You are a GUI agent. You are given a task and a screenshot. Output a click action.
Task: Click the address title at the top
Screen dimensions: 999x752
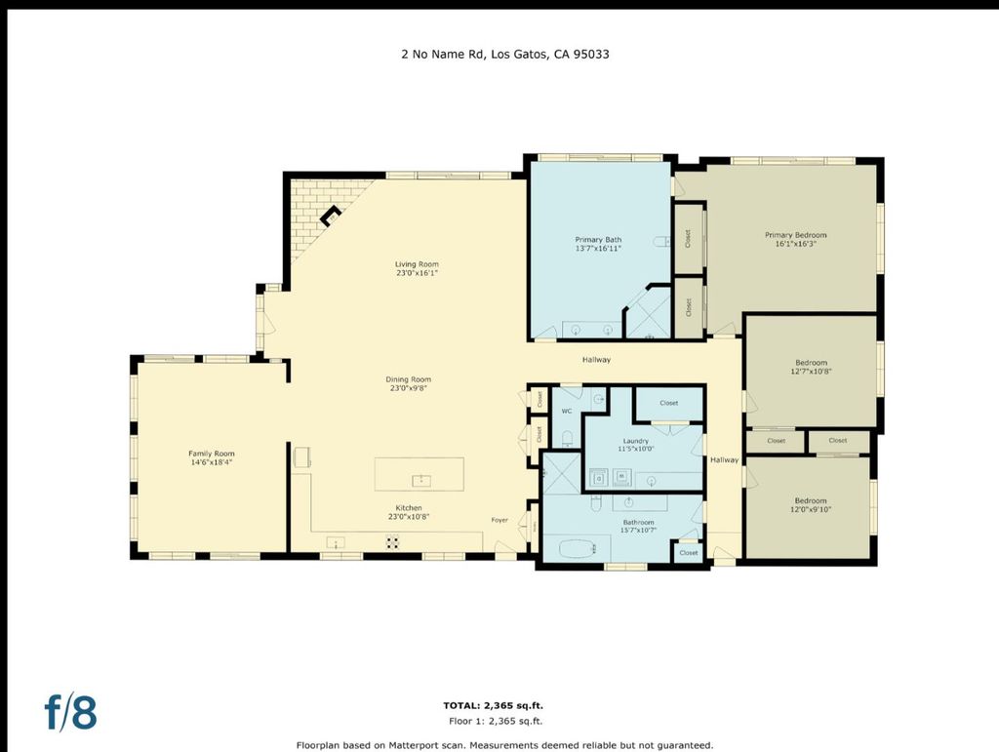(504, 54)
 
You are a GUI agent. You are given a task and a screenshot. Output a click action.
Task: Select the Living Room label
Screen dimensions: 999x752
(417, 264)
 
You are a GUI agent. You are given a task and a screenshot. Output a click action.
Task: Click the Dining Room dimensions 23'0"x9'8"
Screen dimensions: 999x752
(409, 388)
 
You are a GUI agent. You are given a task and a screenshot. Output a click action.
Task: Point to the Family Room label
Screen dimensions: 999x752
(212, 454)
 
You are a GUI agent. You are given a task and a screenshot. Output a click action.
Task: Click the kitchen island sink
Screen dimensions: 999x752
(421, 480)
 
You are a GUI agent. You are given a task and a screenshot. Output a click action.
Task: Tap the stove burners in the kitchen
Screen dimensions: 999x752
(393, 542)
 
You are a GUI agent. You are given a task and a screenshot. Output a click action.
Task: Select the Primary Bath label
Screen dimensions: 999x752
(598, 240)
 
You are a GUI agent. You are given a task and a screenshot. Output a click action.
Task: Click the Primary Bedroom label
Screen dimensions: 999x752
(796, 235)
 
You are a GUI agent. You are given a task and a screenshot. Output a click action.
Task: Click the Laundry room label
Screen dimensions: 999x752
(636, 441)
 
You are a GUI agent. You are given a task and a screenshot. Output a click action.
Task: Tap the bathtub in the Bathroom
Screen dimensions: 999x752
(578, 548)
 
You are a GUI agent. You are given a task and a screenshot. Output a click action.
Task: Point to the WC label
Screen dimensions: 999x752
(567, 412)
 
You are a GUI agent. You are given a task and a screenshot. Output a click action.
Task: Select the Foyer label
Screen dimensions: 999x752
(499, 520)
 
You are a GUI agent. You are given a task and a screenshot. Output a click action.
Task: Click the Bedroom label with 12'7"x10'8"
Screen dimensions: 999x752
(811, 363)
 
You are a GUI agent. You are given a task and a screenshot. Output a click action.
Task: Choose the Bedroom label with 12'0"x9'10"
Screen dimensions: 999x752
(811, 500)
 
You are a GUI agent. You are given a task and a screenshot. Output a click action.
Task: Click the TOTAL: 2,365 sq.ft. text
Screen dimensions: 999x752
(493, 705)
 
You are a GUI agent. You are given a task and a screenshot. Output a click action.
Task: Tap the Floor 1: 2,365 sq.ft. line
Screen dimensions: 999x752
(496, 722)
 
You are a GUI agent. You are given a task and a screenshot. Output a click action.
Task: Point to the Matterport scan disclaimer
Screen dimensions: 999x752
(504, 745)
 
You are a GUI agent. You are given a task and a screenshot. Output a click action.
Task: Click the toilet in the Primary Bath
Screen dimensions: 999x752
(662, 241)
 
